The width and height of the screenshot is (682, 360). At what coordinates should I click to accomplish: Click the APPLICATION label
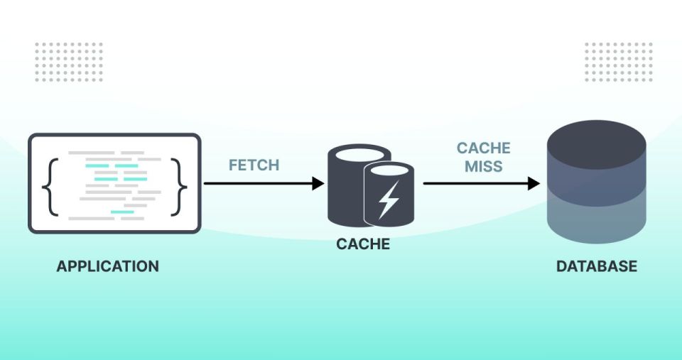108,266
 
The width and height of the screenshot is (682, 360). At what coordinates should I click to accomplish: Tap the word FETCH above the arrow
254,165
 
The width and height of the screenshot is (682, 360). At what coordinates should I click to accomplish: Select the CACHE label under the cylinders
363,244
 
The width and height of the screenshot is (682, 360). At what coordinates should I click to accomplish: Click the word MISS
484,166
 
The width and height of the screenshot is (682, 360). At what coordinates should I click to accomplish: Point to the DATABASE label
597,266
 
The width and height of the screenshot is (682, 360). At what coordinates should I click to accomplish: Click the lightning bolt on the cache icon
389,200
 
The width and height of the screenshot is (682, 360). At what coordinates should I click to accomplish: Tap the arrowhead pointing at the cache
318,183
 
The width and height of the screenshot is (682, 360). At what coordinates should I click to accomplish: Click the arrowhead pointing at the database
534,183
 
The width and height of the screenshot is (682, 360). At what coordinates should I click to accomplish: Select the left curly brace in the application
50,187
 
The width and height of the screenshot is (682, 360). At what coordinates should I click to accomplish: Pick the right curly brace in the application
179,187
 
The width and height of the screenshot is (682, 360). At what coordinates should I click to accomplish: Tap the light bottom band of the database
596,222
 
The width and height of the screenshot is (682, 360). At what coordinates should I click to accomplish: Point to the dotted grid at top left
69,62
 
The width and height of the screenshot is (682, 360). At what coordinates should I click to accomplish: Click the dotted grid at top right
619,62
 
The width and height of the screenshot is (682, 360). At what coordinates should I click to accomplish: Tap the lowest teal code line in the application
122,212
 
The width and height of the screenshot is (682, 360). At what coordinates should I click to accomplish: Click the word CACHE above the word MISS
484,148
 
